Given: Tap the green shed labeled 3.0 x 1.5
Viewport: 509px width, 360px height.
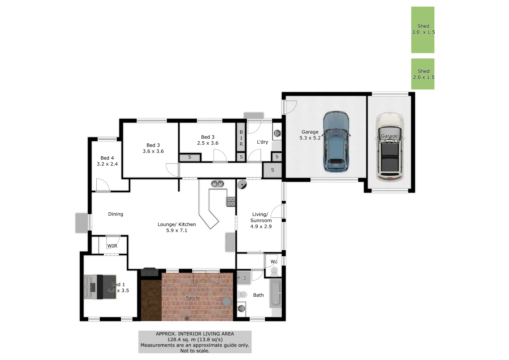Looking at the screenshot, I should point(423,30).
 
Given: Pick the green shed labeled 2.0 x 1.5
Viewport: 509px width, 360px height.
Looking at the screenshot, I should point(423,74).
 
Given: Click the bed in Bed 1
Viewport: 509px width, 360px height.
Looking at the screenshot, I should point(100,287).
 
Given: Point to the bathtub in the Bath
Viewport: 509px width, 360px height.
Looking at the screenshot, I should point(275,293).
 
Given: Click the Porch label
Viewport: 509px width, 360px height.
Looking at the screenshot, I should point(192,298).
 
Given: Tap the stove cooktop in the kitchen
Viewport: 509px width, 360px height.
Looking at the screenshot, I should point(231,201).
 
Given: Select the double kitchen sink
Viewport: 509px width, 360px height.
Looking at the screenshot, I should point(217,184).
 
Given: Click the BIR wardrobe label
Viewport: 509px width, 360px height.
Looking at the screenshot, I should point(241,138).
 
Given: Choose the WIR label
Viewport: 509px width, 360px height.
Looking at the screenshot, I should point(112,246).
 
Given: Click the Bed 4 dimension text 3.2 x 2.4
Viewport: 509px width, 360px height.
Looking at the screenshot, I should point(107,164).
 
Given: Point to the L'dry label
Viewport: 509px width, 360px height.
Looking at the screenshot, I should point(262,142).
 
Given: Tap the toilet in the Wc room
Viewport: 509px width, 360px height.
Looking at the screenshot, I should point(274,272).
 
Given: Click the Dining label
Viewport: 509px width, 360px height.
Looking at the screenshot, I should point(115,214).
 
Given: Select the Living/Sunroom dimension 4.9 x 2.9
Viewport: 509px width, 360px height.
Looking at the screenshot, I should point(261,226).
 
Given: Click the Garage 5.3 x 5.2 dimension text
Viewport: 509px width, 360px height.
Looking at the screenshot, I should point(310,138).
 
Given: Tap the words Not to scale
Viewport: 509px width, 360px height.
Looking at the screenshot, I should point(195,351).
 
